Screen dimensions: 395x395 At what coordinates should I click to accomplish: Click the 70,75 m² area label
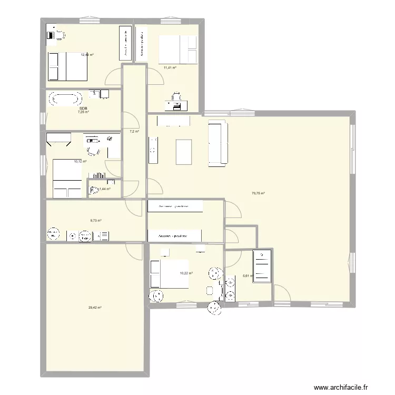(x=258, y=193)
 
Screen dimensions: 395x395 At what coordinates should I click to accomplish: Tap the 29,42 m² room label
(x=94, y=307)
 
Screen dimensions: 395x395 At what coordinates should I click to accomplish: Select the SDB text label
(x=83, y=108)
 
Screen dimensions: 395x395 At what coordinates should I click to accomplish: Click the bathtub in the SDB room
(x=65, y=98)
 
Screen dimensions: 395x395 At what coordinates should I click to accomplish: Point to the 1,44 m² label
(x=105, y=189)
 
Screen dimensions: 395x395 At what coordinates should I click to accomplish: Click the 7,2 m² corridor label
(x=134, y=131)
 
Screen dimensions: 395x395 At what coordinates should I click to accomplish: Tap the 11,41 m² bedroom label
(x=170, y=67)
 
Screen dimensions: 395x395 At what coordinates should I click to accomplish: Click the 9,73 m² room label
(x=95, y=221)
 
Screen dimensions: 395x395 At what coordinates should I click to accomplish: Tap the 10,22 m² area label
(x=186, y=273)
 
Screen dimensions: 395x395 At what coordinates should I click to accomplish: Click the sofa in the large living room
(x=218, y=143)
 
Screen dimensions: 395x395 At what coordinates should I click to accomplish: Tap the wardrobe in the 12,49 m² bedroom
(x=125, y=42)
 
